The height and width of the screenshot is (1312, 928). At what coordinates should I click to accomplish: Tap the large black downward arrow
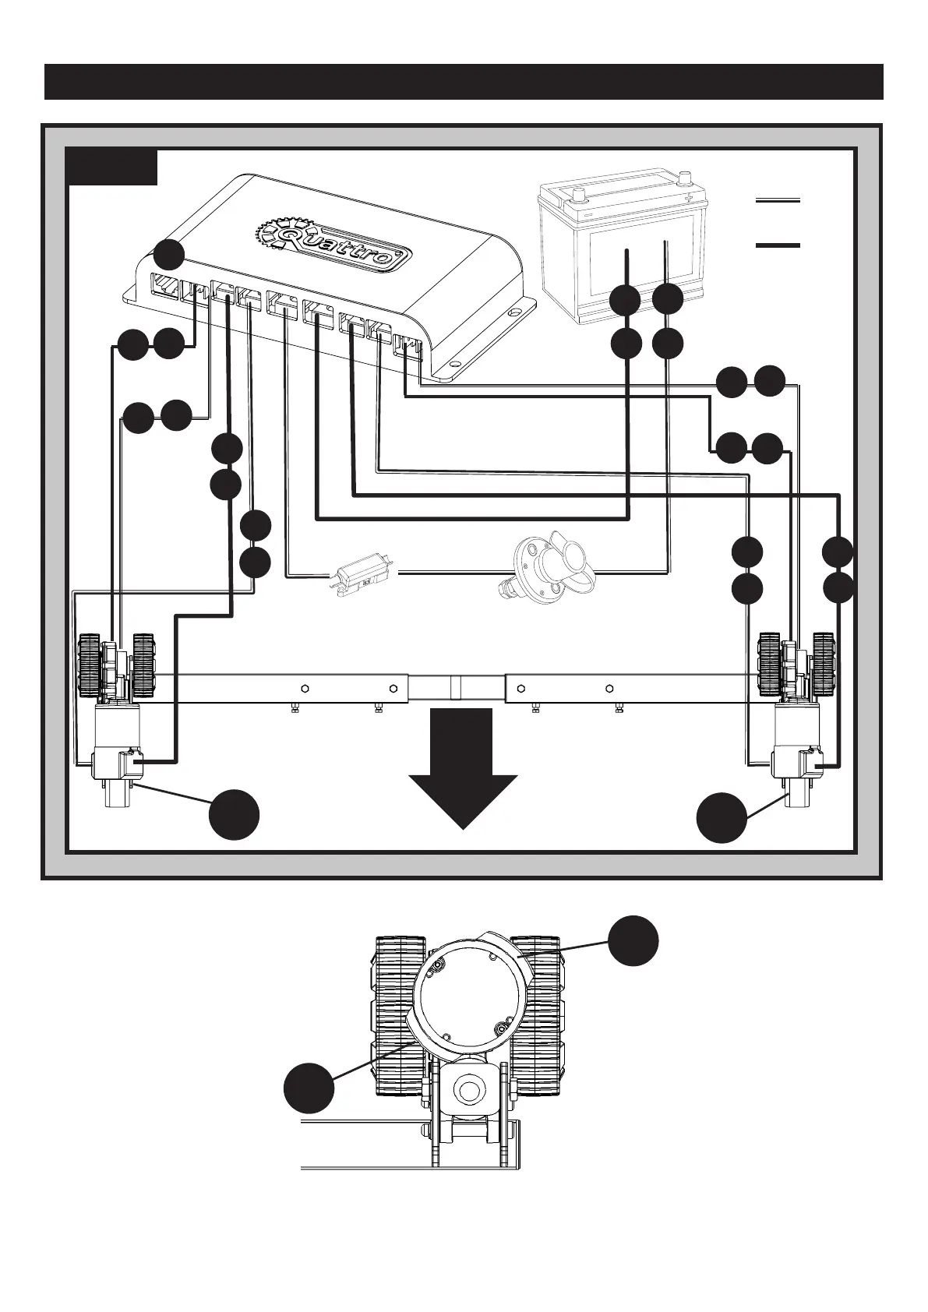[463, 768]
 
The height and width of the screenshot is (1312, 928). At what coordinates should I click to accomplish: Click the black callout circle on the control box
[169, 255]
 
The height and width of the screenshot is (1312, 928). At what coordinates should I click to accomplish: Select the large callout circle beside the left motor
[234, 815]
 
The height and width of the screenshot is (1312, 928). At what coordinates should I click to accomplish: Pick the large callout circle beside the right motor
[722, 817]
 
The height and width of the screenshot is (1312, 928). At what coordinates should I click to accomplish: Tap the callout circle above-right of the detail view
[633, 940]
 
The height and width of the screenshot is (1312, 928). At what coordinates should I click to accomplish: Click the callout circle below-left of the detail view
[309, 1088]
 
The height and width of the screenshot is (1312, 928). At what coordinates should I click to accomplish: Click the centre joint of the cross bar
[457, 687]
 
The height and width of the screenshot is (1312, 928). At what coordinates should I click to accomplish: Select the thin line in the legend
[778, 201]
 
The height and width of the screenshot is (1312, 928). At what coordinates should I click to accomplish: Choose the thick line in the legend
[778, 245]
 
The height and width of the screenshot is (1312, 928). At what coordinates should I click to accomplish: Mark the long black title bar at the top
[464, 82]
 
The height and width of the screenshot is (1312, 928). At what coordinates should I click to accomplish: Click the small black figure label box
[111, 167]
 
